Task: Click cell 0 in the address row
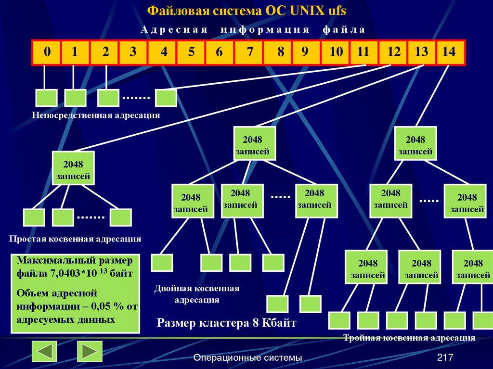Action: (46, 52)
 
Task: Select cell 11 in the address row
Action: (363, 52)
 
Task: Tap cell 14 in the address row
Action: (450, 52)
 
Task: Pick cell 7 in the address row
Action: (249, 52)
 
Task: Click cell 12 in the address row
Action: (393, 52)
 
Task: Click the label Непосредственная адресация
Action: (96, 115)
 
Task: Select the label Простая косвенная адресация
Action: (75, 239)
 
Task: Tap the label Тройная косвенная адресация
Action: (409, 338)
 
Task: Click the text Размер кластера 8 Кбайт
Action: (227, 323)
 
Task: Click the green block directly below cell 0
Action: (46, 98)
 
